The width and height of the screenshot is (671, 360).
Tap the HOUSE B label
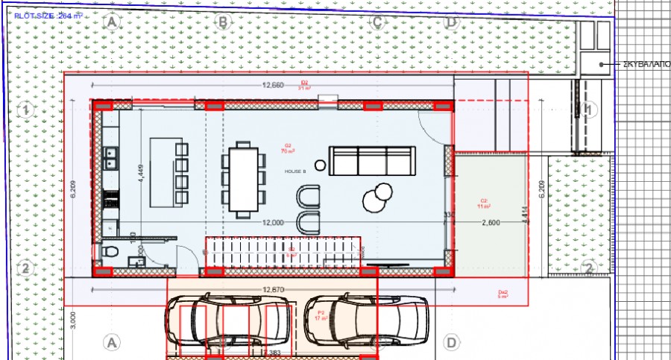295,171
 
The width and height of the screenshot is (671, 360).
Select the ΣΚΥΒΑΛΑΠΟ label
646,65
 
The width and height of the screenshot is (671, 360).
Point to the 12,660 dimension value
273,85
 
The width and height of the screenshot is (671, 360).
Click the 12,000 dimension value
273,223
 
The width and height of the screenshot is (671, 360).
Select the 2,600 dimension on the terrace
491,223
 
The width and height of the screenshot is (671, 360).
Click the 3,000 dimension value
72,320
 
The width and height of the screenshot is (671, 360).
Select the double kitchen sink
110,157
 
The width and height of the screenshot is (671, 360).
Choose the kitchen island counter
162,171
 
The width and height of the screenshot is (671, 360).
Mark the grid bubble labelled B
221,22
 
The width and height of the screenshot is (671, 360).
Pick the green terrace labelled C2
488,212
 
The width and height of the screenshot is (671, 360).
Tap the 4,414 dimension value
526,215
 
